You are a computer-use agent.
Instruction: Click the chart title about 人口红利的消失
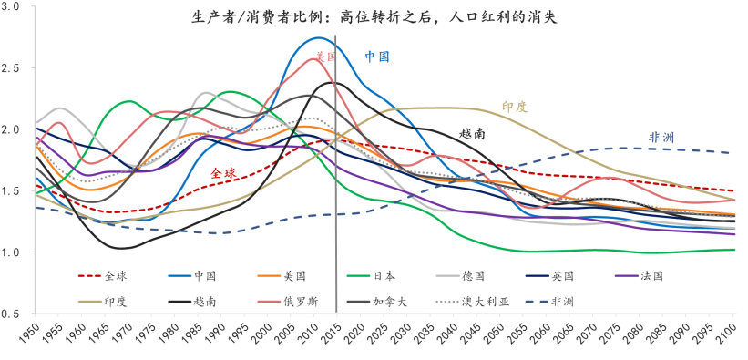point(374,16)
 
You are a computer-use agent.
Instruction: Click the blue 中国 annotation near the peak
point(377,57)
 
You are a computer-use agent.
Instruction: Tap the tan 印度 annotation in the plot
point(515,107)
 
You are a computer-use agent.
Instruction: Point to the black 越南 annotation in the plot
point(472,133)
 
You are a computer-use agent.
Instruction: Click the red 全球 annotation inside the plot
point(223,172)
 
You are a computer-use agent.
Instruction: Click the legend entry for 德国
point(466,273)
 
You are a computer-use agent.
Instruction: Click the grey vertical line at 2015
point(336,182)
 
